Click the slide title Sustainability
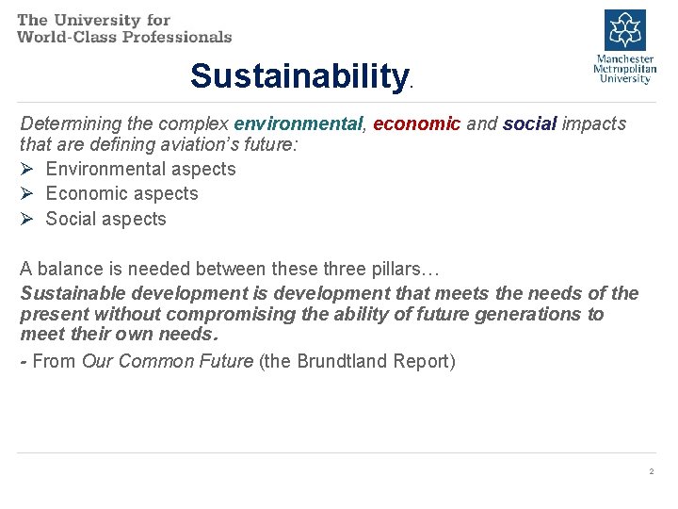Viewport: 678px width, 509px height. [298, 75]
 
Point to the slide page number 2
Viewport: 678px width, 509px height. [651, 470]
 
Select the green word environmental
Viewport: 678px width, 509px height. [298, 123]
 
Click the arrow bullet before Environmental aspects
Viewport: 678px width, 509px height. [27, 170]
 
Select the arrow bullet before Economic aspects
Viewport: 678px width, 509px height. [27, 194]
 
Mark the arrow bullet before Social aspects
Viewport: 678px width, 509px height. [27, 220]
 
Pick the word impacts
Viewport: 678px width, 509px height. [594, 123]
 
